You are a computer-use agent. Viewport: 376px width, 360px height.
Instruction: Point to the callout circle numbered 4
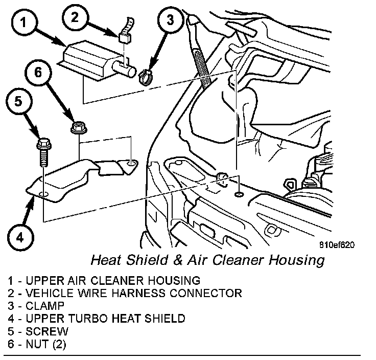(19, 237)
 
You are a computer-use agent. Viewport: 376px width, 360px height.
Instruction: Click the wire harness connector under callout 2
(123, 38)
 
